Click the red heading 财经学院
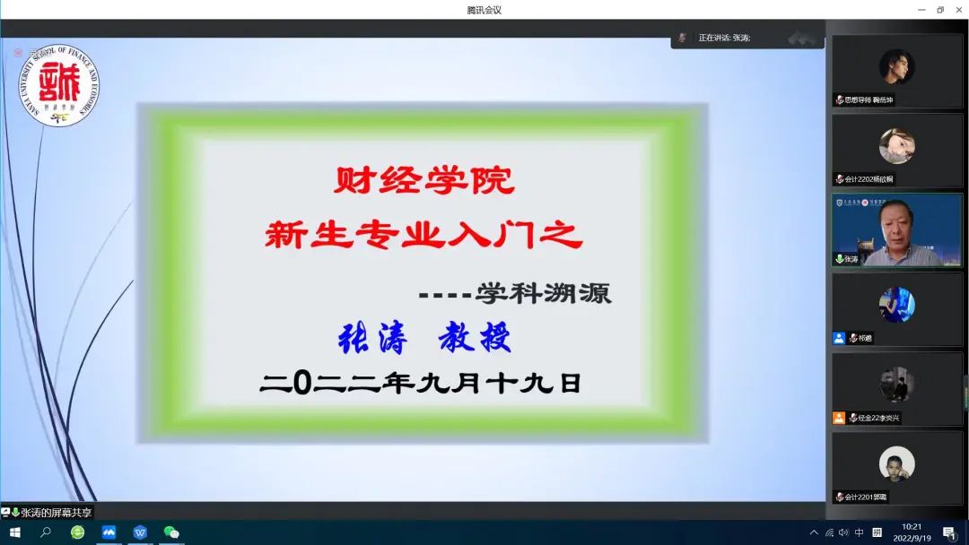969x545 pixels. pyautogui.click(x=423, y=182)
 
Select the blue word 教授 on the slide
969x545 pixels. pyautogui.click(x=475, y=339)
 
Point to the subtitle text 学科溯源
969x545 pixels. pyautogui.click(x=544, y=294)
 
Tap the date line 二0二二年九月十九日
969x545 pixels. pyautogui.click(x=421, y=384)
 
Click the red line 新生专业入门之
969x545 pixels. pyautogui.click(x=423, y=236)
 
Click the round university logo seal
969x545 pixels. pyautogui.click(x=60, y=87)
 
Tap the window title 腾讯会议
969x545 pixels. pyautogui.click(x=484, y=10)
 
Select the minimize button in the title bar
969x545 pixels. pyautogui.click(x=921, y=10)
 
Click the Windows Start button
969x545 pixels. pyautogui.click(x=14, y=532)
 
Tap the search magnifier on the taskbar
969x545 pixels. pyautogui.click(x=46, y=532)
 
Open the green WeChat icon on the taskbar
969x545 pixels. pyautogui.click(x=171, y=532)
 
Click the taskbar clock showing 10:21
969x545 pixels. pyautogui.click(x=911, y=532)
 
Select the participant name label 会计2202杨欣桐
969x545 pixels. pyautogui.click(x=869, y=178)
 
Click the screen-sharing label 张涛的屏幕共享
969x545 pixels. pyautogui.click(x=56, y=513)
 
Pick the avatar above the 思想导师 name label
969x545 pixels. pyautogui.click(x=896, y=66)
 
